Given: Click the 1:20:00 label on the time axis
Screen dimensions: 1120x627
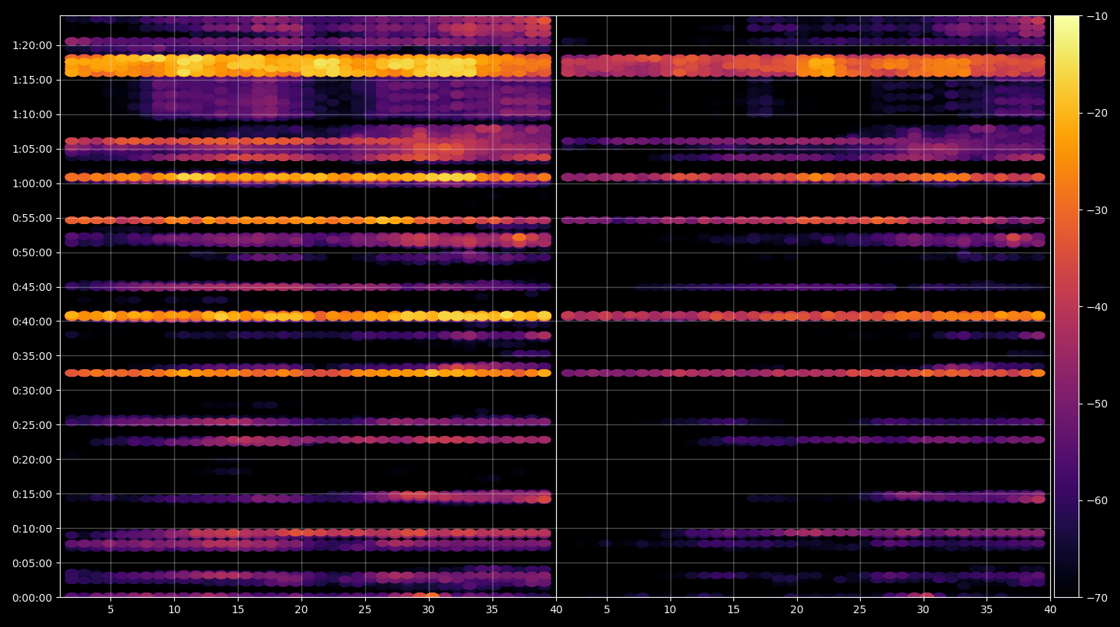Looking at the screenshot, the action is coord(32,45).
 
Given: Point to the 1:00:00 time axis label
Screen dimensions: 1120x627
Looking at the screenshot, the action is coord(32,183).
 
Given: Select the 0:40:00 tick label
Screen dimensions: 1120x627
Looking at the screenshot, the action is coord(32,322).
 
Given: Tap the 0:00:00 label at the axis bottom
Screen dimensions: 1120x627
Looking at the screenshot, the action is coord(32,598).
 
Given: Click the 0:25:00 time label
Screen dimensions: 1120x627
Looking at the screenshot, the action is coord(32,425).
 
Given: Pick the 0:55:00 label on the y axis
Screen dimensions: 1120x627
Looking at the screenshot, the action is coord(32,218).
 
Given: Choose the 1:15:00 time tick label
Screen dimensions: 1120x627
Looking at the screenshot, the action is coord(32,80).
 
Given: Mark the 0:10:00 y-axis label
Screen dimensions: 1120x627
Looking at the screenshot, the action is coord(32,529).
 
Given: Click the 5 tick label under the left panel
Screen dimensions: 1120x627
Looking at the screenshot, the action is coord(110,609).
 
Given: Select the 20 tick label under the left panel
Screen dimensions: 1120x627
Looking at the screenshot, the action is coord(301,609).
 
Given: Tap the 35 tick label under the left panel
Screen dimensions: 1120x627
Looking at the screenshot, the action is coord(492,609).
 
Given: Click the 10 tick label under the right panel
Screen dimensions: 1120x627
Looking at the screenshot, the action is coord(670,609).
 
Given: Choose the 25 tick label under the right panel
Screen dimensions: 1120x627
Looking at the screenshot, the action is coord(860,609).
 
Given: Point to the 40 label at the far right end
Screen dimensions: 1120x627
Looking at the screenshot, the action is coord(1050,609).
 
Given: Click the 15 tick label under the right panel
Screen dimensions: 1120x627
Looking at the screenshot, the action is coord(733,609).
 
